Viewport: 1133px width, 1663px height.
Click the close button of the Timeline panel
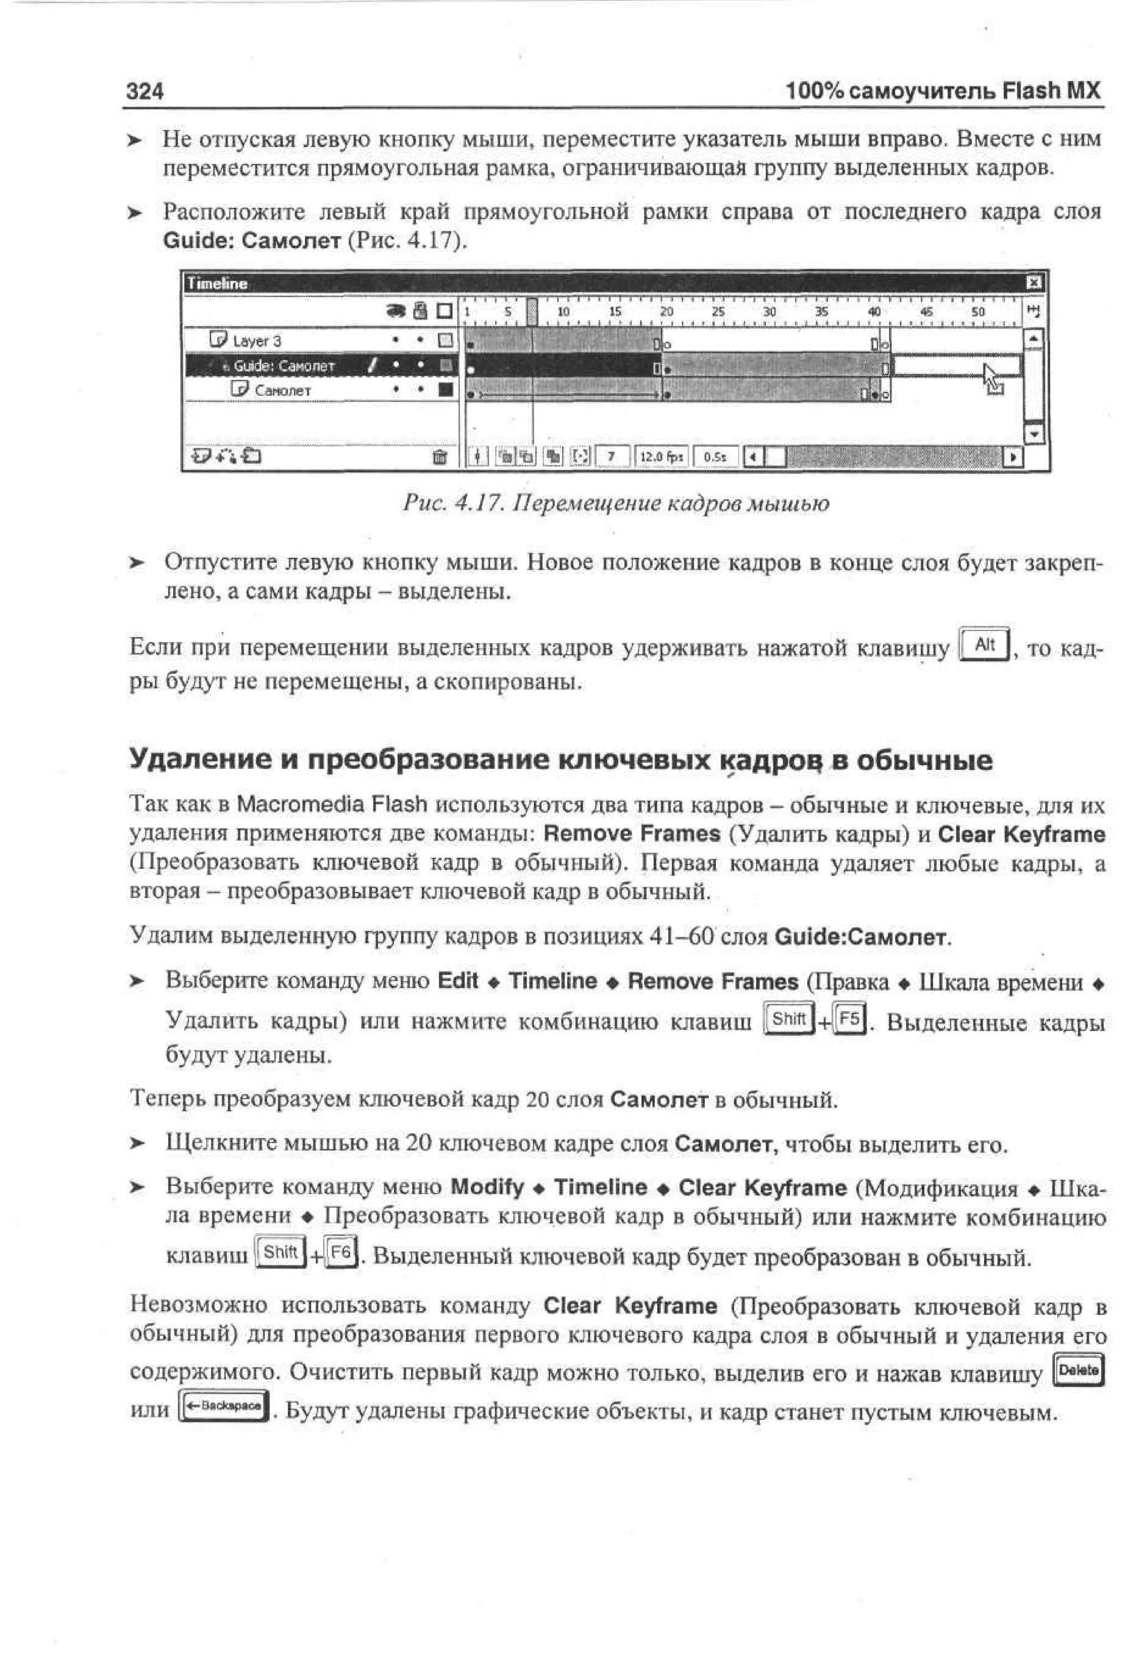1033,283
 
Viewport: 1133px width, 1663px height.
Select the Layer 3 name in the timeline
256,341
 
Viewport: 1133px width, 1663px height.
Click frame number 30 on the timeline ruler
770,312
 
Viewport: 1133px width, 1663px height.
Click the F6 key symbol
341,1252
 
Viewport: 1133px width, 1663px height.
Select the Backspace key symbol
222,1405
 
